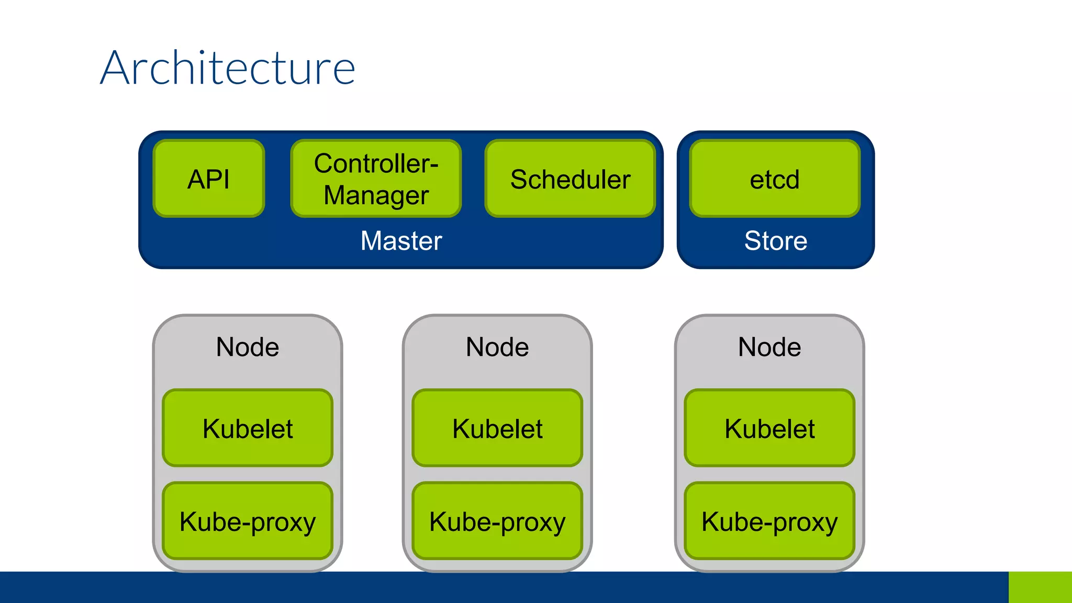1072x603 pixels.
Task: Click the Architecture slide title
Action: pyautogui.click(x=228, y=68)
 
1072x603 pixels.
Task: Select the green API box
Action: pyautogui.click(x=209, y=178)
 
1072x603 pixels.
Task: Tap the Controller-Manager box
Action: pyautogui.click(x=376, y=178)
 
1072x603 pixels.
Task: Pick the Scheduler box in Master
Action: pyautogui.click(x=570, y=178)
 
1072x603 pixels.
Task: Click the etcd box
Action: pyautogui.click(x=775, y=178)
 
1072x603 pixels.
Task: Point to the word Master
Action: pyautogui.click(x=401, y=241)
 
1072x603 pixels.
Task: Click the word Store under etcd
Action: pyautogui.click(x=776, y=241)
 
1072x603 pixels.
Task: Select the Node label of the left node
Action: pyautogui.click(x=248, y=347)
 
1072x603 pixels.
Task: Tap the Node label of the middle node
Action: pyautogui.click(x=497, y=347)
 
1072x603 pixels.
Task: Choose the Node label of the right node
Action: pyautogui.click(x=769, y=347)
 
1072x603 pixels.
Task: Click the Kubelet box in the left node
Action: pyautogui.click(x=248, y=428)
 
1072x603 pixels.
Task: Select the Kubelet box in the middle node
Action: pyautogui.click(x=497, y=428)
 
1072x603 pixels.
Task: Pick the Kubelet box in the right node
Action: pyautogui.click(x=769, y=428)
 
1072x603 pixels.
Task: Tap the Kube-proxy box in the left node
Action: pyautogui.click(x=248, y=521)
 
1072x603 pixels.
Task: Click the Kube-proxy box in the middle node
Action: pyautogui.click(x=497, y=521)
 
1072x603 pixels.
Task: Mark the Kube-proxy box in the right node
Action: pyautogui.click(x=769, y=521)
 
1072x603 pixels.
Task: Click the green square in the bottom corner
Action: pyautogui.click(x=1040, y=587)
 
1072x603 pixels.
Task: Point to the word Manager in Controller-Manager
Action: pyautogui.click(x=376, y=195)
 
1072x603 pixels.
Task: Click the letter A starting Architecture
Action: pyautogui.click(x=115, y=68)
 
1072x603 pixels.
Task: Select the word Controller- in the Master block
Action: pyautogui.click(x=376, y=163)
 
